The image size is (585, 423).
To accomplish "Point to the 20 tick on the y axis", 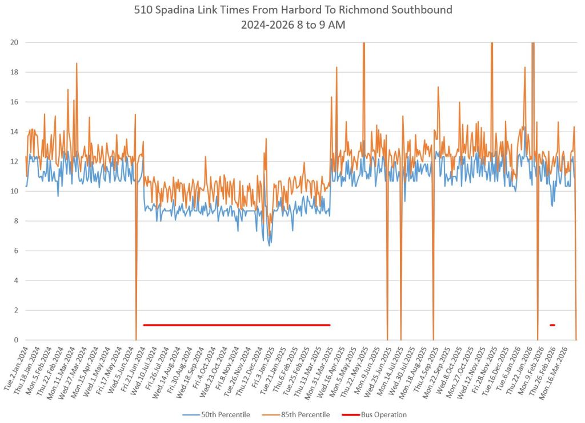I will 14,42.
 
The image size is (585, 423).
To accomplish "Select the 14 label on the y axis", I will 14,132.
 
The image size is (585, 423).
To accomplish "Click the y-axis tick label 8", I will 15,221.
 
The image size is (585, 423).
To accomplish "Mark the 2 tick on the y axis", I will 15,310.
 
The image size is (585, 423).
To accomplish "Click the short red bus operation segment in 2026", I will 552,325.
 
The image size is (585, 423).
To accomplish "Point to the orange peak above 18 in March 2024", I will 77,64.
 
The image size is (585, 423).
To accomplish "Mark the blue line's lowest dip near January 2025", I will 270,245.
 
